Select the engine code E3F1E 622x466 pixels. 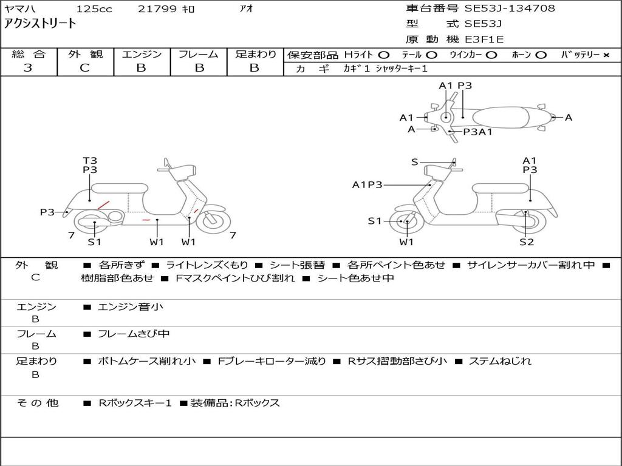click(484, 40)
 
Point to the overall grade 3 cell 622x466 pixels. click(28, 68)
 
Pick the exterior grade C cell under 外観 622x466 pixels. click(84, 68)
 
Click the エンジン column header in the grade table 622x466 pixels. click(142, 54)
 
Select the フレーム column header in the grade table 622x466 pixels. click(198, 54)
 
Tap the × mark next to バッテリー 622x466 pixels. click(606, 55)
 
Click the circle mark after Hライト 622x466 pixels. click(384, 55)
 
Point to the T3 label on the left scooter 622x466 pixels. click(90, 161)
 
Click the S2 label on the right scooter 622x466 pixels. click(526, 242)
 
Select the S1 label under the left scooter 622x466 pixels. click(94, 242)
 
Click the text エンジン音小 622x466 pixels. click(131, 307)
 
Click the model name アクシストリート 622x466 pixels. click(40, 24)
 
